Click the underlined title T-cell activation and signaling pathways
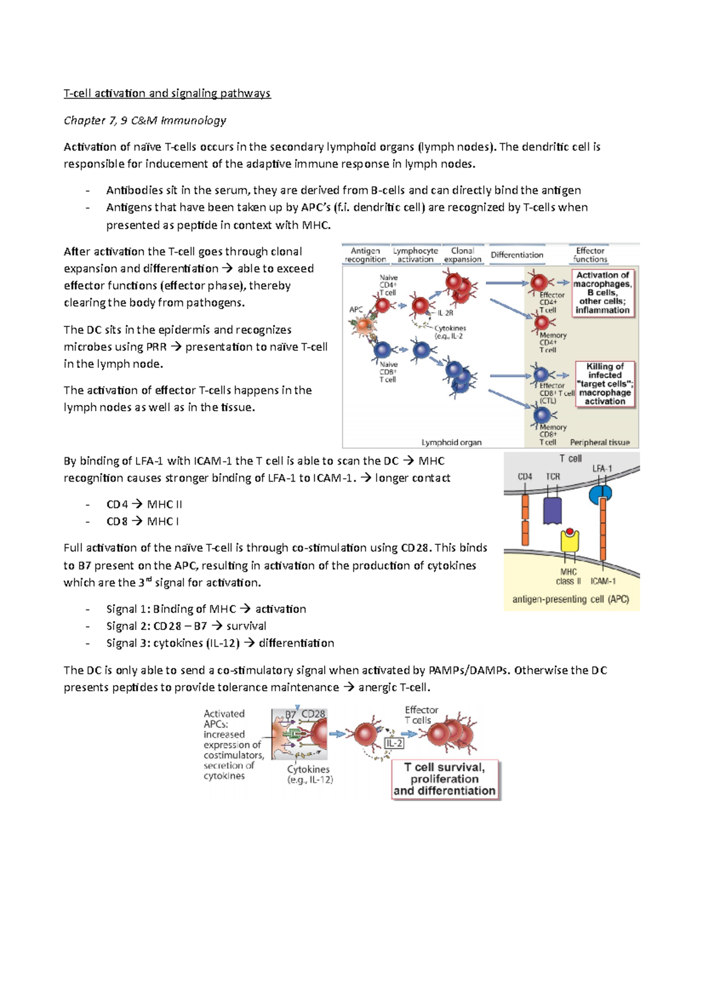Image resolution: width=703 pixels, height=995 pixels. (167, 93)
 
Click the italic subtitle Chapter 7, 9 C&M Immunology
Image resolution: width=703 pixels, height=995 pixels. (145, 120)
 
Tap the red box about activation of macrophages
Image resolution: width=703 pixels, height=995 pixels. (602, 292)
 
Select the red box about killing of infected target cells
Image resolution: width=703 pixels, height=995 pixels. (605, 384)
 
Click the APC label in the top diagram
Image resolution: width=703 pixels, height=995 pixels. (356, 309)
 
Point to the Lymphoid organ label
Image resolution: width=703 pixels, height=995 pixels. (451, 442)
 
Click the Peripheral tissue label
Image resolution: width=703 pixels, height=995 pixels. (599, 442)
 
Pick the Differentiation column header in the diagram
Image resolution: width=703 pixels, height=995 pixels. (517, 255)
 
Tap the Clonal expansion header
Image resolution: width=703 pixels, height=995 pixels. (462, 255)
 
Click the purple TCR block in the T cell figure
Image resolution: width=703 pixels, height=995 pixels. (552, 510)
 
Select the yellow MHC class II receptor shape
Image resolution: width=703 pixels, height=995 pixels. (569, 541)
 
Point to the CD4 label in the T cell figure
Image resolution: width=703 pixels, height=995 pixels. (524, 477)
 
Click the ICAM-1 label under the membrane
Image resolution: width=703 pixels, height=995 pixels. (603, 581)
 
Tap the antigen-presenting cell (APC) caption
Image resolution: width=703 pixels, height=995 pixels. (571, 599)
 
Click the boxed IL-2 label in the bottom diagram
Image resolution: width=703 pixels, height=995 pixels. (394, 743)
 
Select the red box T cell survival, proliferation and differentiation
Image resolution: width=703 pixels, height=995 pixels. (445, 779)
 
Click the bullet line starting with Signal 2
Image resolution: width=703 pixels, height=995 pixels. (186, 626)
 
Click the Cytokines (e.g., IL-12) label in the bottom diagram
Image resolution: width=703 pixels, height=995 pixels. (309, 774)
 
